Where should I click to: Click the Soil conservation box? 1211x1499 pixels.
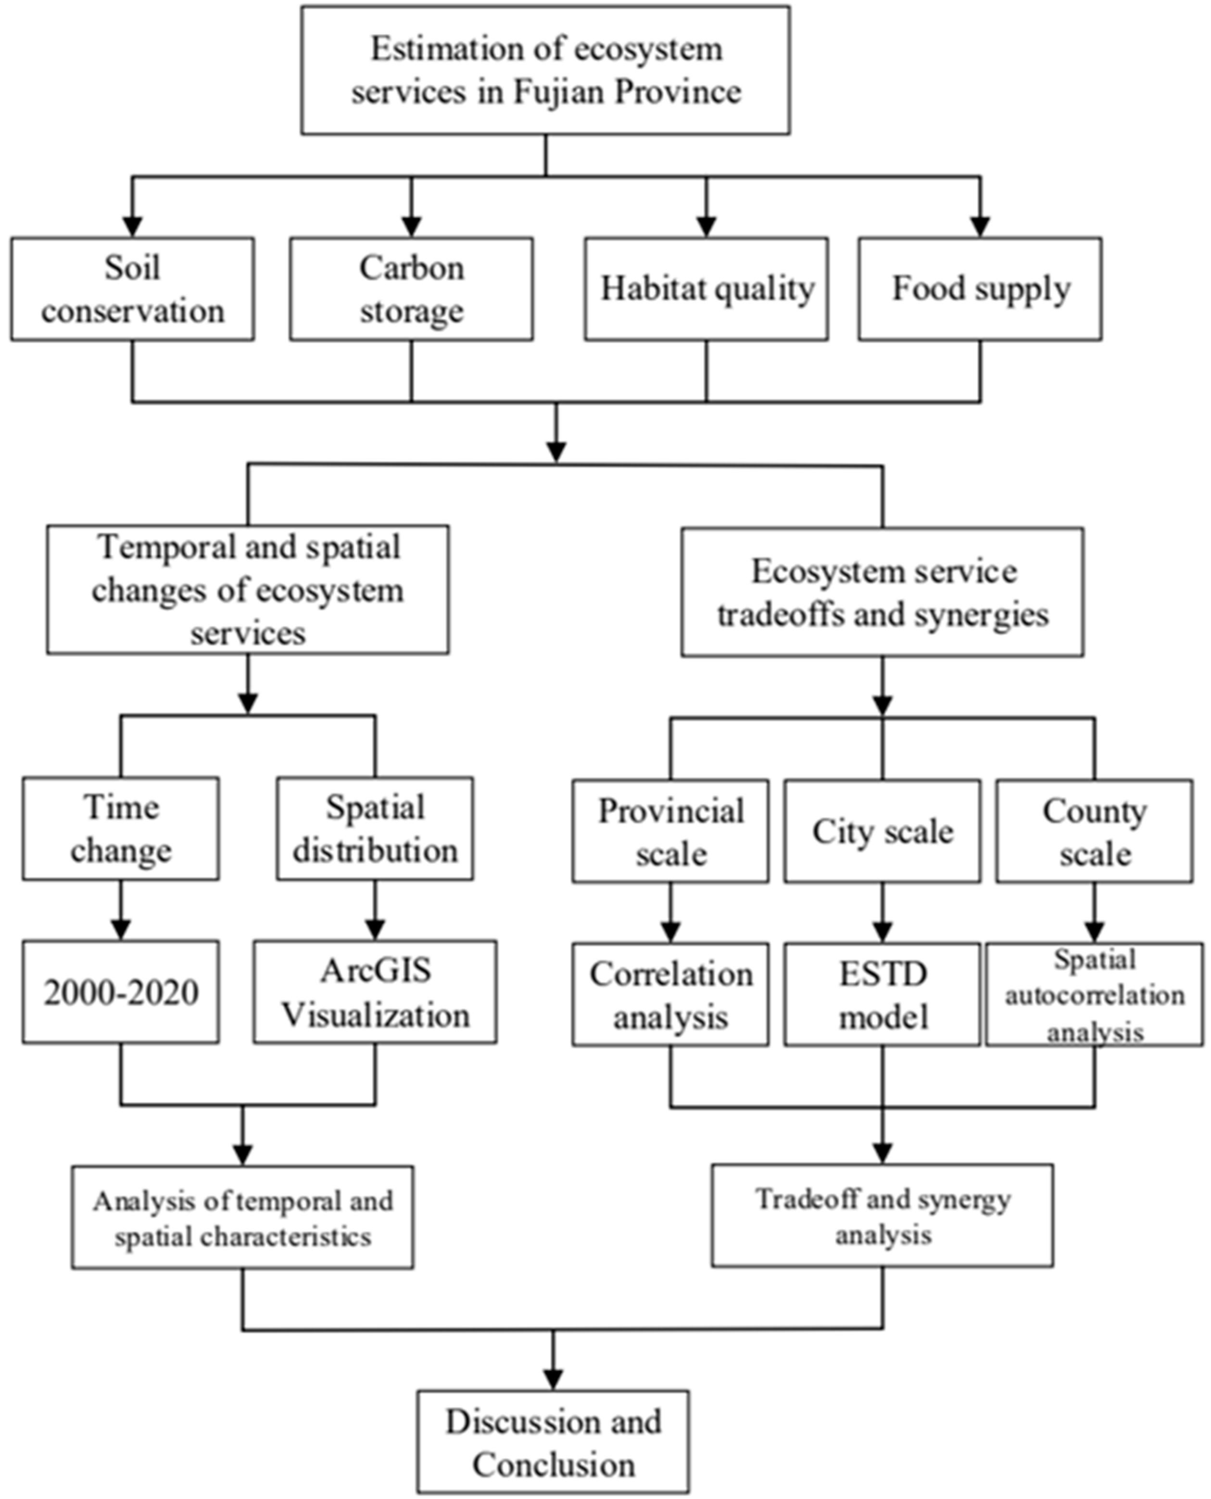click(x=133, y=289)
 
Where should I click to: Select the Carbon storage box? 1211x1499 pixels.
click(x=412, y=289)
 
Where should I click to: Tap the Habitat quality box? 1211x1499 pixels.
click(x=706, y=289)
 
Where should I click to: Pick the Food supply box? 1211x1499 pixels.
click(x=980, y=289)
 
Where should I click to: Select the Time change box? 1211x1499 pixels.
click(x=121, y=828)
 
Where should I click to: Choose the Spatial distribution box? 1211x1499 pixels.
click(x=375, y=828)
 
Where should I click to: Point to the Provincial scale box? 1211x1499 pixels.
click(x=670, y=831)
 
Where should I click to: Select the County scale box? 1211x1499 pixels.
click(x=1094, y=831)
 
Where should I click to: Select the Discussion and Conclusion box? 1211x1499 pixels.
click(x=553, y=1442)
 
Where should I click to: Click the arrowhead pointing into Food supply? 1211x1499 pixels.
click(x=980, y=227)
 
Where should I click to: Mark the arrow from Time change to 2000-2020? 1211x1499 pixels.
click(x=121, y=911)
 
